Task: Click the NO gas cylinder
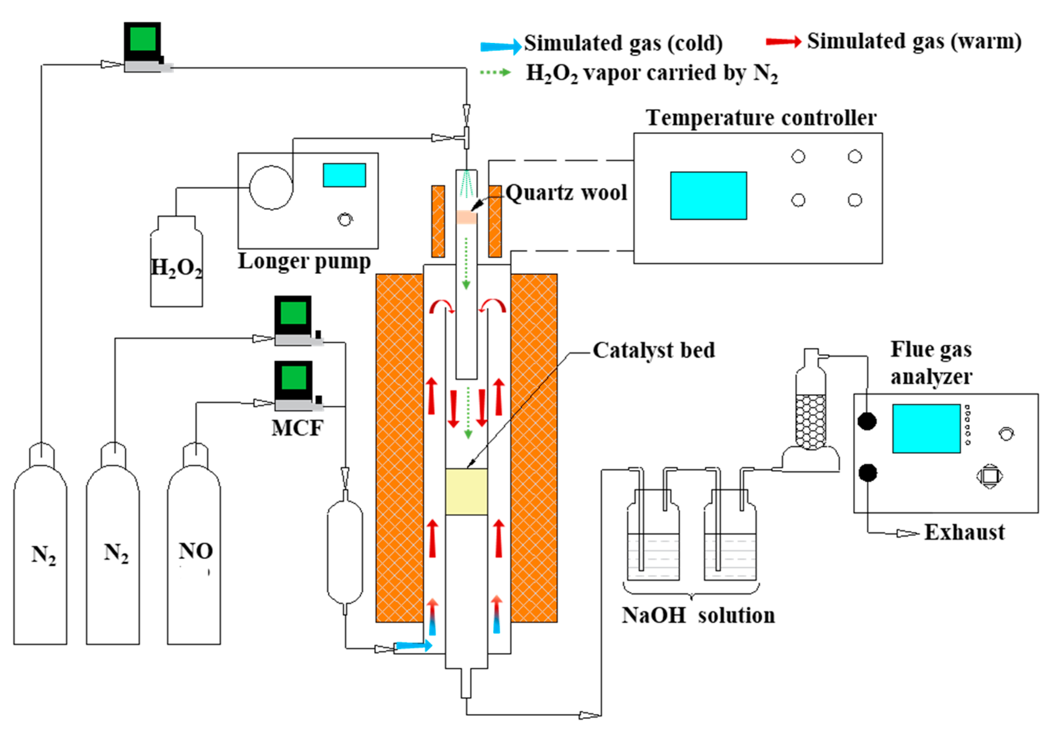pos(194,548)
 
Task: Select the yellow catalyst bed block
pos(466,492)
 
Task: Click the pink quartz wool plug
pos(466,217)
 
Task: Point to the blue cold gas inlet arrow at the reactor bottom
pos(413,646)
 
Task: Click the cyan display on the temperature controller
pos(708,195)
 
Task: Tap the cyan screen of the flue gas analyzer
pos(926,428)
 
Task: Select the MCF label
pos(297,428)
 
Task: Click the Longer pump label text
pos(304,262)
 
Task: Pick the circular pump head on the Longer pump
pos(271,187)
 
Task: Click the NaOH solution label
pos(698,616)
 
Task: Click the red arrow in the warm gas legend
pos(783,42)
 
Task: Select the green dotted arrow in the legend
pos(495,72)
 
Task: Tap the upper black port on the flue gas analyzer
pos(867,421)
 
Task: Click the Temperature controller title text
pos(761,118)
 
